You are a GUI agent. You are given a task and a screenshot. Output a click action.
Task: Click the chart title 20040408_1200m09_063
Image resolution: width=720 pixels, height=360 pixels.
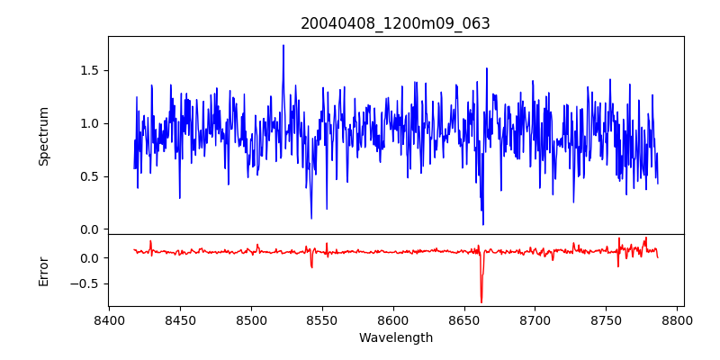395,23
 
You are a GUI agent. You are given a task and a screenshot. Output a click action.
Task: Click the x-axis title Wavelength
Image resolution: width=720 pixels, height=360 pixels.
395,337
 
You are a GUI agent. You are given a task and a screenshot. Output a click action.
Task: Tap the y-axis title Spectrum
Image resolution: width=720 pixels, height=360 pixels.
43,136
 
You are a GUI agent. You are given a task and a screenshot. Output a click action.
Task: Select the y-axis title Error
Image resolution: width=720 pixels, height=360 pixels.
43,270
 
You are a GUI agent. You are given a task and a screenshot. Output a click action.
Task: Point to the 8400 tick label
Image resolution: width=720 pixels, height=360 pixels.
109,319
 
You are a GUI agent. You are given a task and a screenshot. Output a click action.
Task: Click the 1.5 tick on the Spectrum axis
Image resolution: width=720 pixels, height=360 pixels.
90,70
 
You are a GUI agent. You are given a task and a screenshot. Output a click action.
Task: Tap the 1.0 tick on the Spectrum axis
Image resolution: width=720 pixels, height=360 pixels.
90,123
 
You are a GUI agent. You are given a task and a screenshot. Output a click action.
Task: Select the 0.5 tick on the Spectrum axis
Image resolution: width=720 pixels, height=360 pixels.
90,176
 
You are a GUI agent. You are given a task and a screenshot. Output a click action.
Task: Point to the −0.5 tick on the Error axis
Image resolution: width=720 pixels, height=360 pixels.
86,283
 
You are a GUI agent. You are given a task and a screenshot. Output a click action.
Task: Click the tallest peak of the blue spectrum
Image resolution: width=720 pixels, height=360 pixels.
283,45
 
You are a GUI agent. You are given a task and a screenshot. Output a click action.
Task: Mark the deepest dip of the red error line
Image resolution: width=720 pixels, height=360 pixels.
481,302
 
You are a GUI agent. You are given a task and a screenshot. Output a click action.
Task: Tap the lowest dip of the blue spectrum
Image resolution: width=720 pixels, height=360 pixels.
483,224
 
